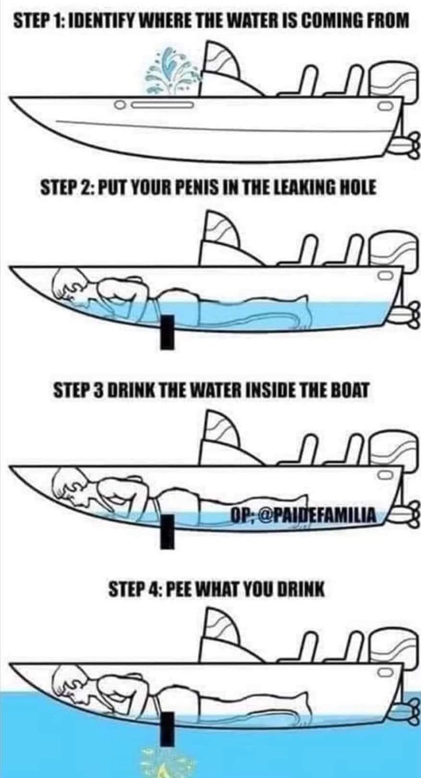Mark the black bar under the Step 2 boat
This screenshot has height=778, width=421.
pyautogui.click(x=168, y=331)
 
